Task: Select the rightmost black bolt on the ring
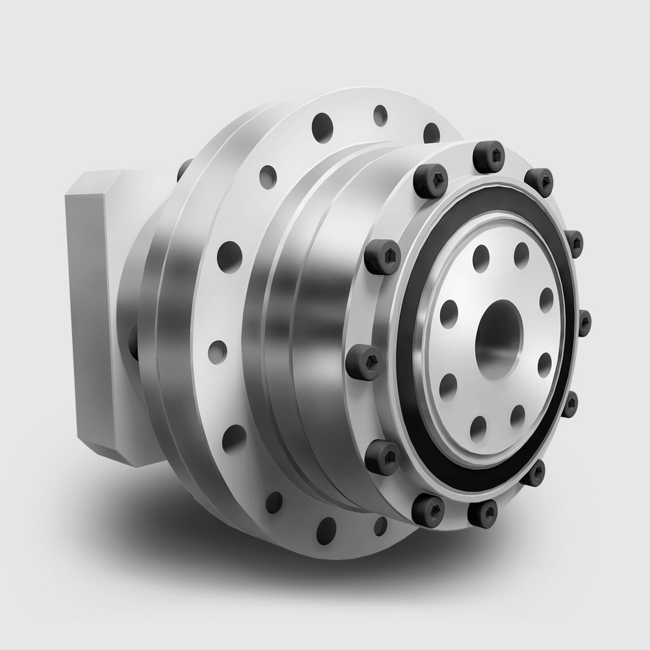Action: [584, 322]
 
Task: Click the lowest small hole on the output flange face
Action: [478, 426]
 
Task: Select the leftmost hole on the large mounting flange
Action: [216, 351]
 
